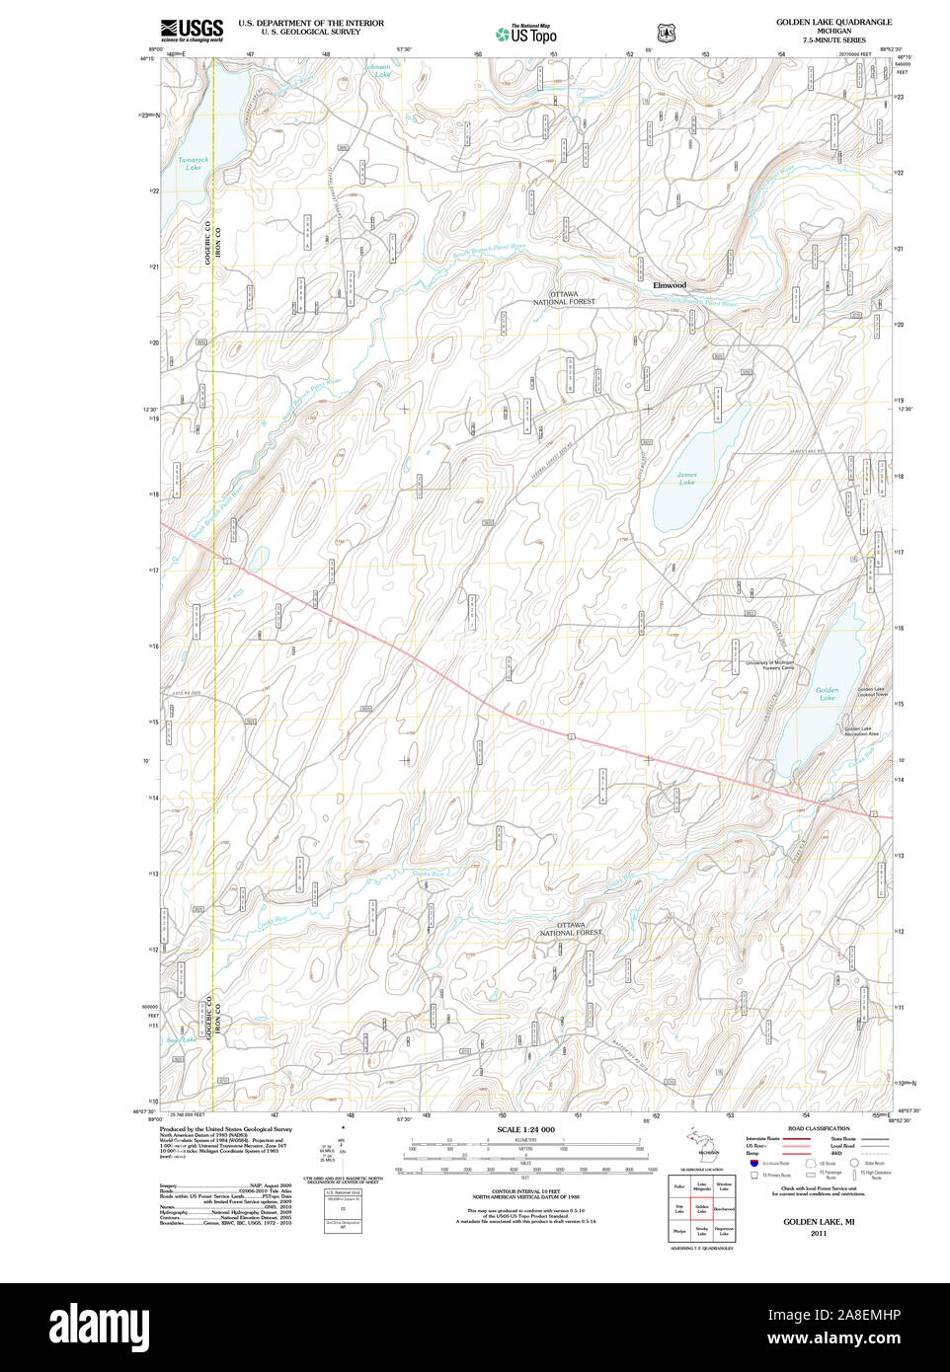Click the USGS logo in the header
(192, 30)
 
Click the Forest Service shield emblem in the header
(667, 33)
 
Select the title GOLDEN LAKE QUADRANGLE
(833, 22)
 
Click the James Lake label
(686, 479)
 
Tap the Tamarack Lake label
(194, 164)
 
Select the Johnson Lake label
(377, 71)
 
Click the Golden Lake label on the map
(827, 694)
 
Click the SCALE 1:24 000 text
(525, 1129)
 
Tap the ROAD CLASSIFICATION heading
(819, 1128)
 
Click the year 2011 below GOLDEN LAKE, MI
(819, 1233)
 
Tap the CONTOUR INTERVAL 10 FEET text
(525, 1191)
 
